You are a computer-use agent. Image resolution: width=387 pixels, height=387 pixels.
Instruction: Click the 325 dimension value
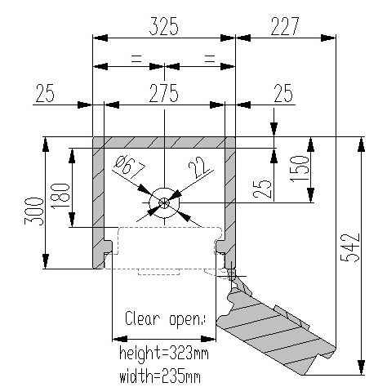coord(164,26)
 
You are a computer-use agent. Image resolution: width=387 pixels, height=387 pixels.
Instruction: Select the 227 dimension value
coord(285,26)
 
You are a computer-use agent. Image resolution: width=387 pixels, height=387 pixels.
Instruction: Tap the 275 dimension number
coord(164,93)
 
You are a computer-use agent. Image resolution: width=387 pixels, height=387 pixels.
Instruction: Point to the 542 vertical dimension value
coord(351,247)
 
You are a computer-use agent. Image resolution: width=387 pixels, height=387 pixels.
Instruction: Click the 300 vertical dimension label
coord(34,211)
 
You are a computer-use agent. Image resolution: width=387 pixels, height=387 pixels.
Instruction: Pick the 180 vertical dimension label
coord(60,196)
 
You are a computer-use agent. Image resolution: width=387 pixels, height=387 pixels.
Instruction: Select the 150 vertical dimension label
coord(300,168)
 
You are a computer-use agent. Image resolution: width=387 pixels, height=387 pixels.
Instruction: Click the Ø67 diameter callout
coord(130,167)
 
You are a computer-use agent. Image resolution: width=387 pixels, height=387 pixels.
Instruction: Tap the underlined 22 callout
coord(199,167)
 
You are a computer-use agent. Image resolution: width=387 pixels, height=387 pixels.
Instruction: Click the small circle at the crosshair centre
coord(164,202)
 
